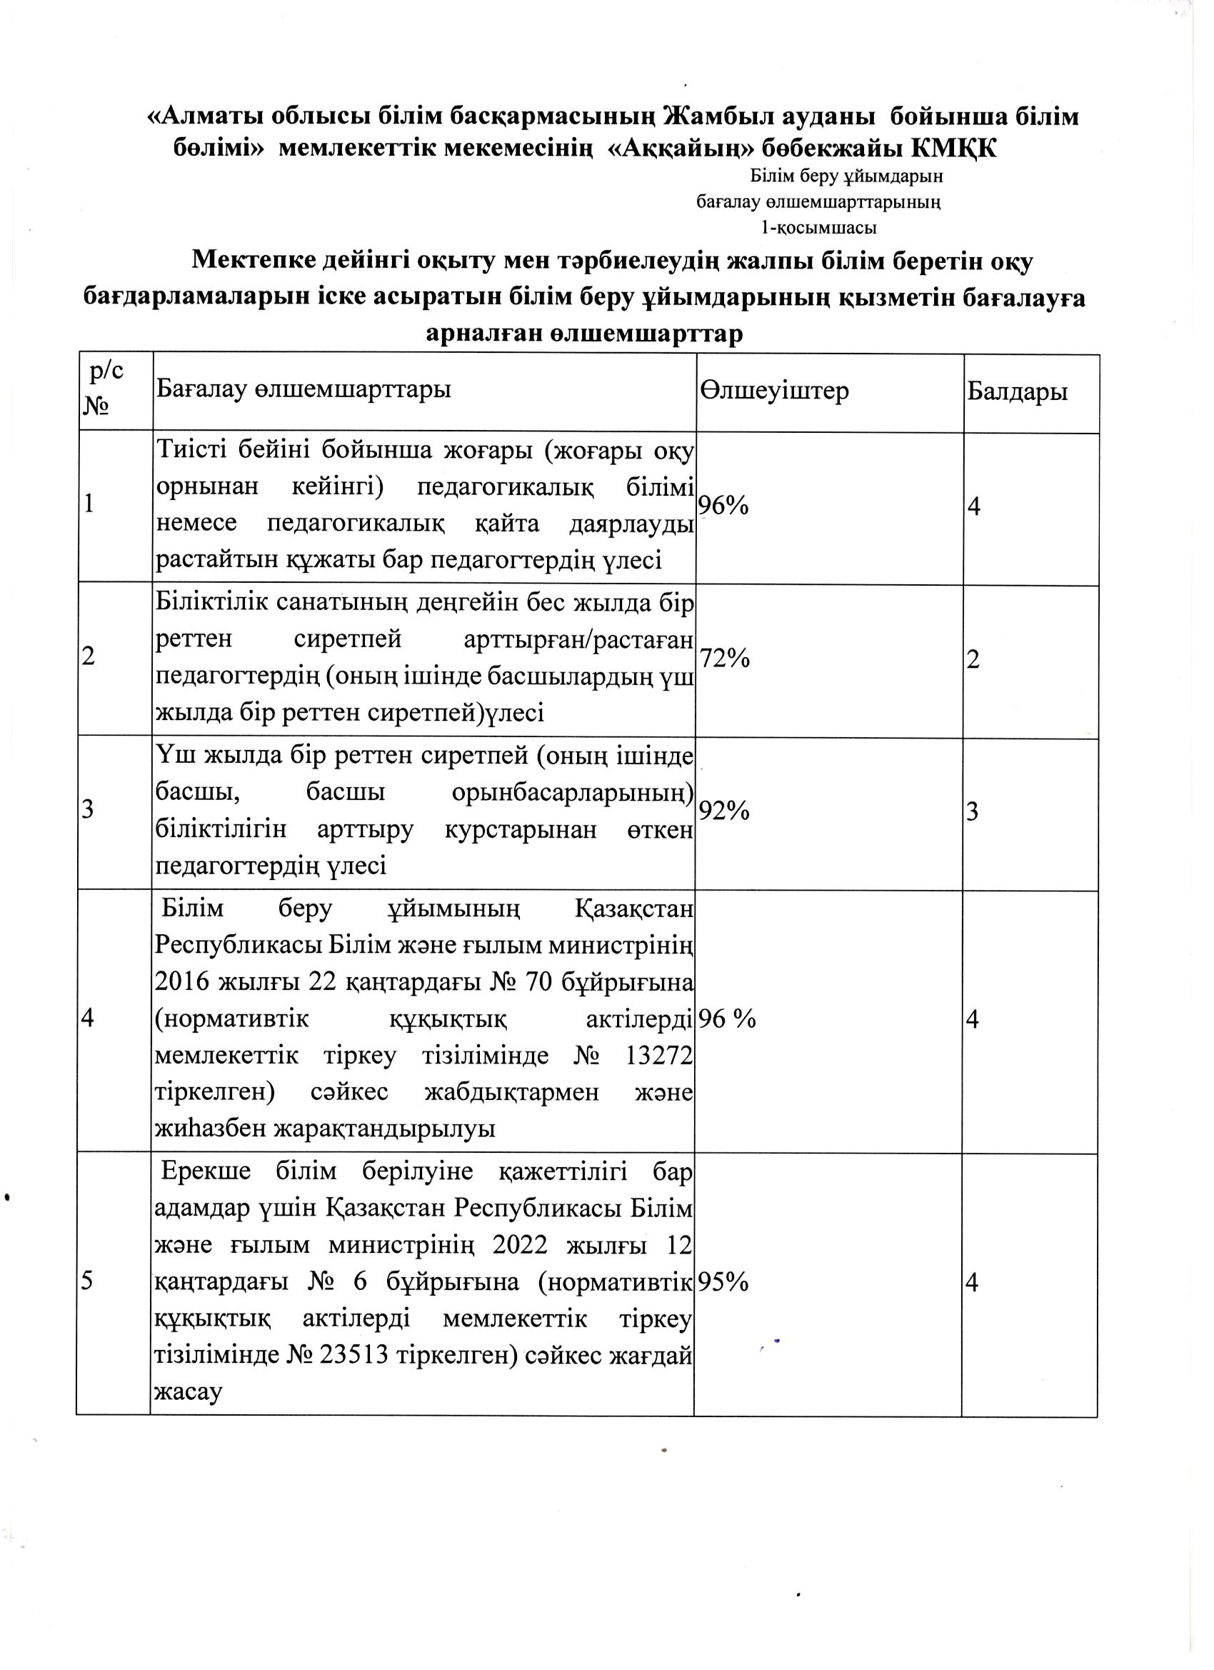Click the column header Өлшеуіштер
pos(775,391)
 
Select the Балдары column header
pos(1018,391)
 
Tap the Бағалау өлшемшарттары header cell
pos(303,389)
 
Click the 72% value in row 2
pos(724,659)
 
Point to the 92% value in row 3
pos(724,811)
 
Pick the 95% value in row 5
pos(723,1282)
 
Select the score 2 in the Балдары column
pos(973,659)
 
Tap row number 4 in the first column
pos(87,1019)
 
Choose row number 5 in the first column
pos(87,1282)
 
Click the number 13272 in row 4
pos(659,1056)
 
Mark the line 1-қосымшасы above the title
pos(818,229)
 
